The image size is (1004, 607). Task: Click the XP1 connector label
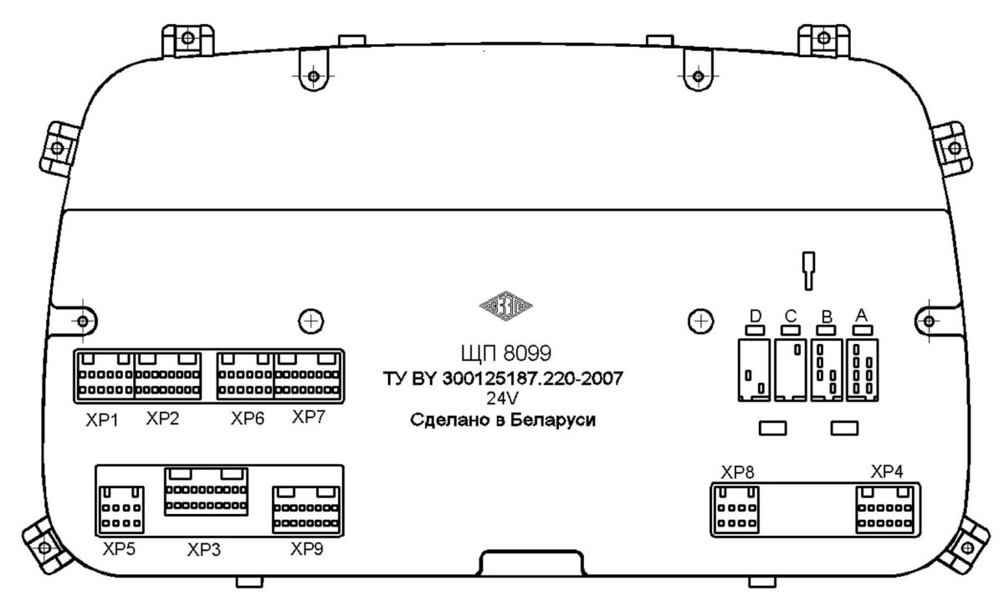pos(102,420)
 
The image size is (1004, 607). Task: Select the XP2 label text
pos(162,418)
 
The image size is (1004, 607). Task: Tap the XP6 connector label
pos(248,418)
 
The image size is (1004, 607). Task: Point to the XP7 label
pos(309,417)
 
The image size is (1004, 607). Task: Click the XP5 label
pos(119,548)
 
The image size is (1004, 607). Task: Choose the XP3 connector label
pos(204,549)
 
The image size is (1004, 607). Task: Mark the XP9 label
pos(306,548)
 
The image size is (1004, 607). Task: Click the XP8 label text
pos(737,472)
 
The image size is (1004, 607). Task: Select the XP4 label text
pos(887,471)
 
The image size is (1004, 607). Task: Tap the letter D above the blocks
pos(756,316)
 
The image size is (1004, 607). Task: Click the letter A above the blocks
pos(862,316)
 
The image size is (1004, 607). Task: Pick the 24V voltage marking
pos(502,398)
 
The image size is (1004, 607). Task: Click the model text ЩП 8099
pos(506,353)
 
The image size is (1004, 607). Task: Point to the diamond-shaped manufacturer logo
pos(505,306)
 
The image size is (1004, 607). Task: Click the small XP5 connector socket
pos(121,510)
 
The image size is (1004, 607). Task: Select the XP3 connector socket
pos(206,491)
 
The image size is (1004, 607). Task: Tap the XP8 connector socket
pos(736,510)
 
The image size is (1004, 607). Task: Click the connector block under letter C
pos(791,370)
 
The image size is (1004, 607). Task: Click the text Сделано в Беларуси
pos(503,420)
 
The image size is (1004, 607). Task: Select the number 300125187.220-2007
pos(533,378)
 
